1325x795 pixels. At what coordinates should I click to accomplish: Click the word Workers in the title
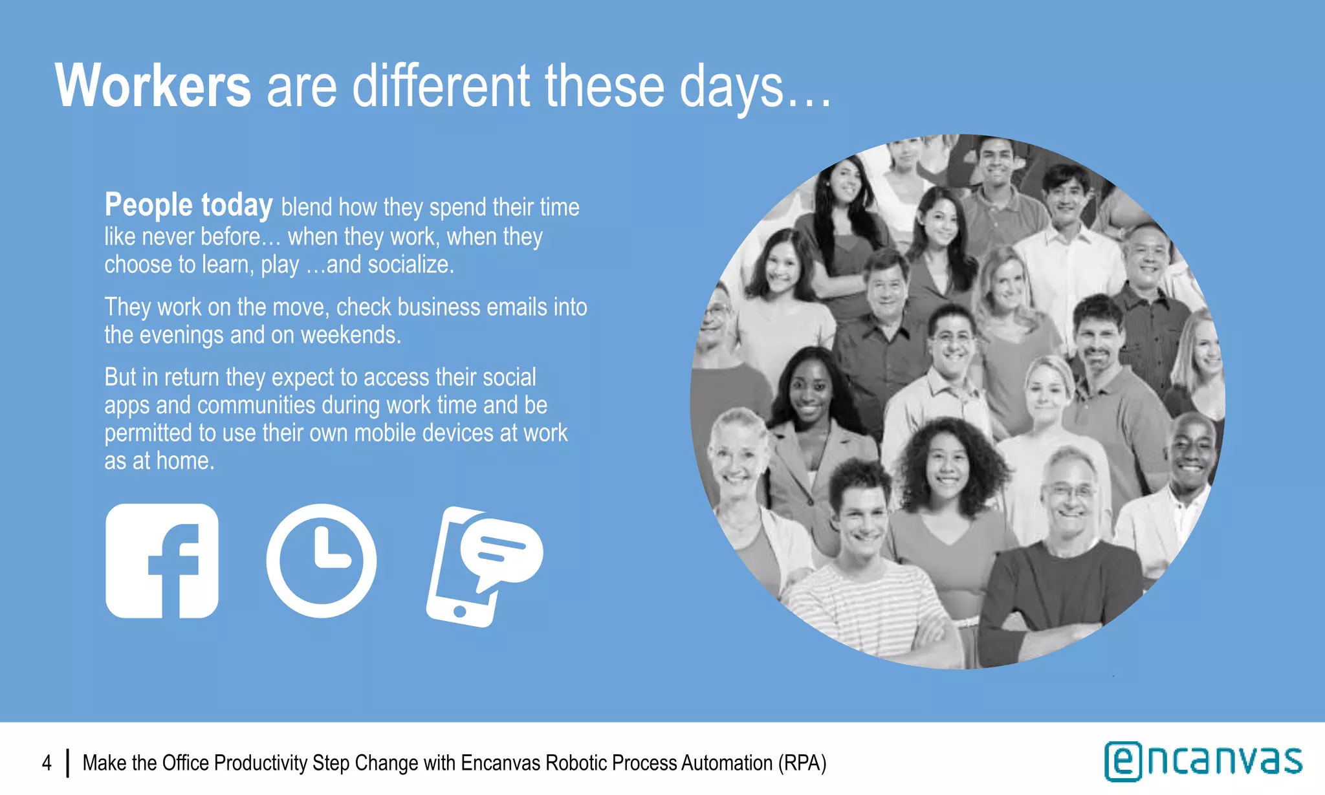[x=153, y=86]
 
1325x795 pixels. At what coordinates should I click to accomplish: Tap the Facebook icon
[x=162, y=561]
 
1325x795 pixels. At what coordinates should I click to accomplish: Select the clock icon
[x=322, y=561]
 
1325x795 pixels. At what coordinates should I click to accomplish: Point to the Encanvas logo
[x=1203, y=761]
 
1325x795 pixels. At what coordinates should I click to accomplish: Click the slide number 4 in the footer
[x=47, y=763]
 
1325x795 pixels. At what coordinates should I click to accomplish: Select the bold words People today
[x=188, y=205]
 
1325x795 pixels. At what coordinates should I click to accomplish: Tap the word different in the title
[x=441, y=86]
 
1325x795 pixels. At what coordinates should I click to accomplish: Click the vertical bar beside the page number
[x=67, y=763]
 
